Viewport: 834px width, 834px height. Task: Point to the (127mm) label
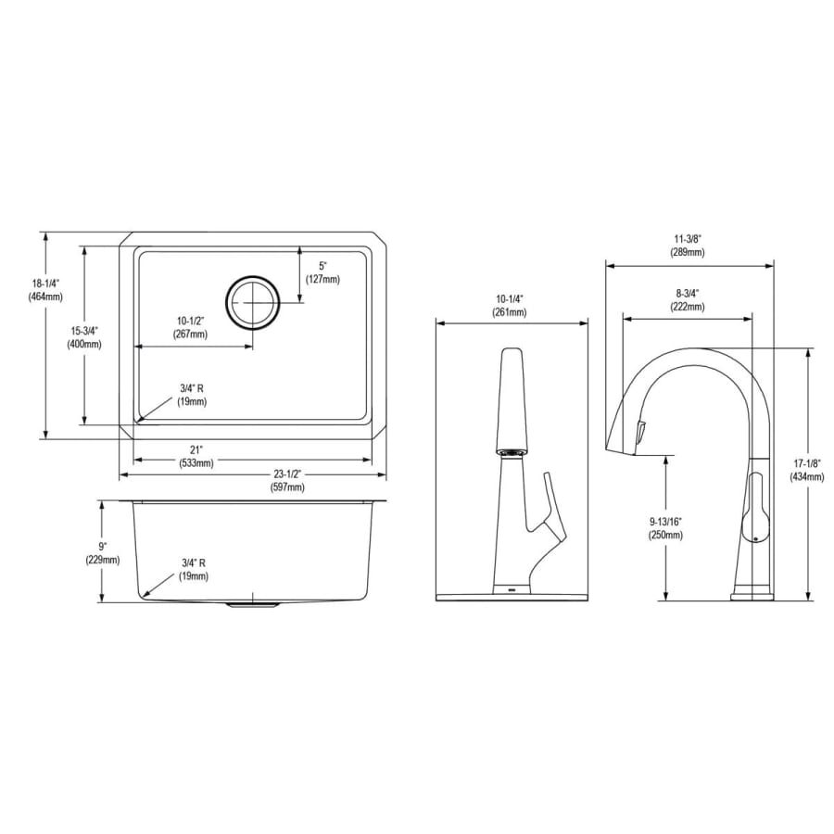coord(322,279)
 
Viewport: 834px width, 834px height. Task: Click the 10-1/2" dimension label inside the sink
coord(190,321)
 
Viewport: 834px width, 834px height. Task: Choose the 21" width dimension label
coord(196,450)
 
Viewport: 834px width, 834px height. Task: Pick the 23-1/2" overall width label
coord(289,474)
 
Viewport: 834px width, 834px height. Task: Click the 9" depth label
coord(102,546)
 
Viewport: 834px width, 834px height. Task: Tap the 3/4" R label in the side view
coord(193,562)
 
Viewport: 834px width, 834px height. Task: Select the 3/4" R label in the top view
coord(192,389)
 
